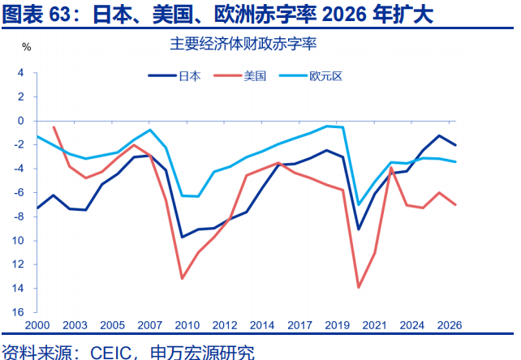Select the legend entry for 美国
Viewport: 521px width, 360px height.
254,76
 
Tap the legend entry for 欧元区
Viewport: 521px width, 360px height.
325,76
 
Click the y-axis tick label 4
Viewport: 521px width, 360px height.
21,73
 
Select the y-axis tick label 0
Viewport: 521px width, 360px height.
21,121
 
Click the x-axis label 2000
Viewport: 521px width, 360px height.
38,325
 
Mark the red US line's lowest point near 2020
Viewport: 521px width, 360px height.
359,287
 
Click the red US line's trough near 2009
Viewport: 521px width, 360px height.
182,278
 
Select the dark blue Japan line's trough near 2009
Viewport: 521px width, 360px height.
182,237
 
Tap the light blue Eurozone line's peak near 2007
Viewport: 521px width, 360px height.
150,130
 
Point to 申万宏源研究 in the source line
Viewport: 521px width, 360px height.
202,352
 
